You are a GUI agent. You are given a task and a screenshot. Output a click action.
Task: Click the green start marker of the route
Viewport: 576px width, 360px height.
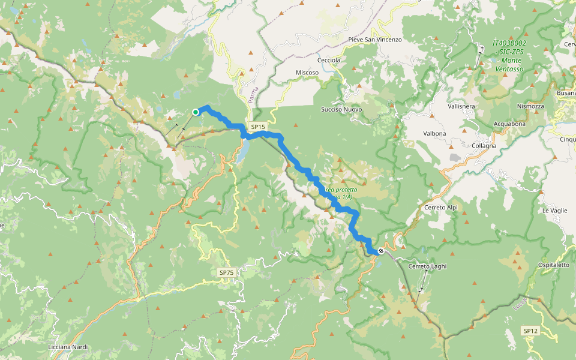tap(196, 112)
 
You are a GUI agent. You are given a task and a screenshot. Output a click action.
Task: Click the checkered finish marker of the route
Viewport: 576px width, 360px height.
tap(380, 251)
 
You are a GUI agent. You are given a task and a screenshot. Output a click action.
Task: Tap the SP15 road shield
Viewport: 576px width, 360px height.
tap(258, 127)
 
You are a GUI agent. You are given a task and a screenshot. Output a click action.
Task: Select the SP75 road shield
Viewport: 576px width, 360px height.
tap(226, 273)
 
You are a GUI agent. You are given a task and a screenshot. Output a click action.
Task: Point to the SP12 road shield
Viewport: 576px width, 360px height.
tap(530, 331)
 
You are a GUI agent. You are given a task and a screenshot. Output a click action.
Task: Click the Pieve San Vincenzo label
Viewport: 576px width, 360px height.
tap(375, 40)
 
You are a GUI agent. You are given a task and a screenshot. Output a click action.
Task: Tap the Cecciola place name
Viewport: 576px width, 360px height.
tap(329, 60)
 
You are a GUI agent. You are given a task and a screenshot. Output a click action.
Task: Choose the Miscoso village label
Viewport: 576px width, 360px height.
tap(307, 73)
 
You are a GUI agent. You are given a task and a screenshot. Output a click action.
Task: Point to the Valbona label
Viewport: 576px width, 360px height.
tap(434, 133)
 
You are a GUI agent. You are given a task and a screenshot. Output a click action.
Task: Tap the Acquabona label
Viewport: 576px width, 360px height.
tap(509, 124)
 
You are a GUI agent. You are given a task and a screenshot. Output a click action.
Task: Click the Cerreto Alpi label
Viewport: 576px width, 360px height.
tap(441, 207)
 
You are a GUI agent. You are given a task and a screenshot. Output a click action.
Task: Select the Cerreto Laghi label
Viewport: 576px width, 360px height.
tap(427, 266)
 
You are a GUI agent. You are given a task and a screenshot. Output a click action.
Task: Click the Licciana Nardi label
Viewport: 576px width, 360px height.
tap(68, 347)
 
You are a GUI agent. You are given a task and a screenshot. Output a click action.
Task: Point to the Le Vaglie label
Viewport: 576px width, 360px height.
tap(554, 211)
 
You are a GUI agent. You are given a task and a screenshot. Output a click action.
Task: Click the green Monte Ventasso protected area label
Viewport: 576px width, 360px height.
tap(509, 56)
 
